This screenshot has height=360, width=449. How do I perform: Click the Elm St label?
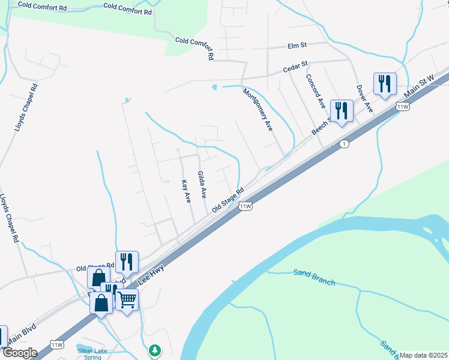click(297, 45)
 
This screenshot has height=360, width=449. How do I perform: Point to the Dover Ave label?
click(364, 98)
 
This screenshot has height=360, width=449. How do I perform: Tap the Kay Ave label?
click(186, 191)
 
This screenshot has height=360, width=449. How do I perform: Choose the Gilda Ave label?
click(202, 185)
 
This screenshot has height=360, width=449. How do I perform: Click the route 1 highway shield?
click(344, 144)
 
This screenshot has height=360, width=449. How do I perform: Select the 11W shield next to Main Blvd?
click(58, 344)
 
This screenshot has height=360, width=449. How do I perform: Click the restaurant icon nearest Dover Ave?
click(384, 83)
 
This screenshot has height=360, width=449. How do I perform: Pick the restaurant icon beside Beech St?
click(341, 110)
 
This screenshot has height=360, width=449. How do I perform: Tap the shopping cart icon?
click(127, 299)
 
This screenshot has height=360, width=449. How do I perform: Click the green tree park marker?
click(155, 349)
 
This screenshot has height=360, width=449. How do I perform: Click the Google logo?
click(20, 353)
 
